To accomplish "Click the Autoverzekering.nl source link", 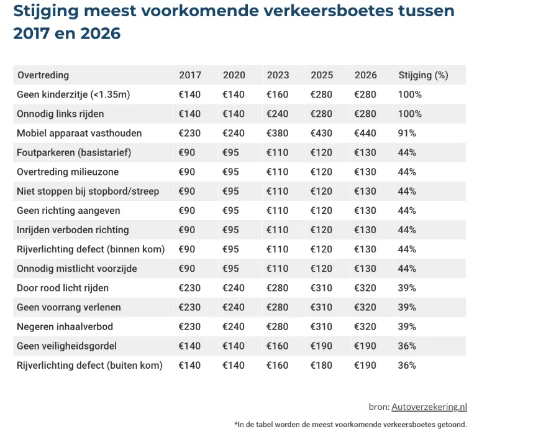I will (429, 407).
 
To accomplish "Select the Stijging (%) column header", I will (422, 75).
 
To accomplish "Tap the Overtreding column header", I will (43, 75).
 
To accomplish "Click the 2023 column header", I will (278, 75).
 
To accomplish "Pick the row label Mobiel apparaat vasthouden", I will (79, 133).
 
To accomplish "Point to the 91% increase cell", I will (407, 133).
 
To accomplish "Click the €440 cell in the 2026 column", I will (365, 133).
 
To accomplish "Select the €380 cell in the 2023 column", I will (278, 133).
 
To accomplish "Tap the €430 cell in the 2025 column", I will (322, 133).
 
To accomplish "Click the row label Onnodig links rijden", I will (60, 114).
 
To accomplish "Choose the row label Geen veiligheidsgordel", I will (66, 346).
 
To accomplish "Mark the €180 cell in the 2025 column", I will (322, 365).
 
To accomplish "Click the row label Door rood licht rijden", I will (63, 288).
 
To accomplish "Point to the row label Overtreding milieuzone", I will (68, 172).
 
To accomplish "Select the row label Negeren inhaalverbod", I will (65, 326).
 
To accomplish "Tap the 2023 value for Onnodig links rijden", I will (278, 114).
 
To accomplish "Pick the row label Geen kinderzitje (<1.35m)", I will (73, 95).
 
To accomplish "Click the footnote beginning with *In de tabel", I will (350, 425).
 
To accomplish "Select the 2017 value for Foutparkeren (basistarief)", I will (187, 152).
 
